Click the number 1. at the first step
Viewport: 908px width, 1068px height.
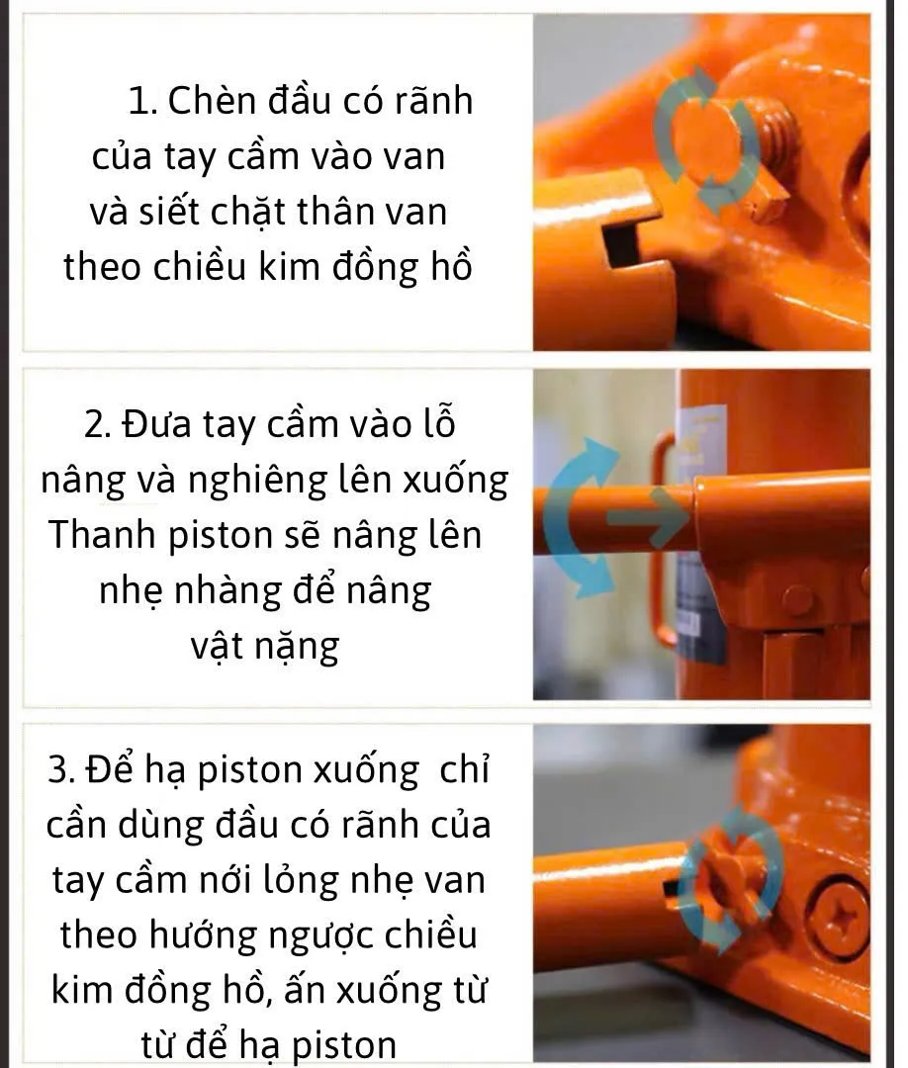coord(142,101)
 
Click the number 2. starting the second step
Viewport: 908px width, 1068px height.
coord(99,424)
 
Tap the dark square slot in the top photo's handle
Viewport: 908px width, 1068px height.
coord(621,245)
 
